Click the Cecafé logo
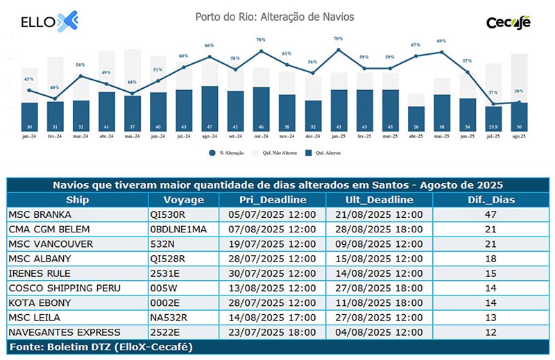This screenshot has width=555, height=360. [x=509, y=22]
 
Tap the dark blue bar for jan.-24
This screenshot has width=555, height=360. [x=29, y=116]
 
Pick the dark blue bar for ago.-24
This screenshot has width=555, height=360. [x=210, y=108]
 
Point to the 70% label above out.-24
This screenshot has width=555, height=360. [x=261, y=40]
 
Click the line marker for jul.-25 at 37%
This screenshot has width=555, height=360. [x=493, y=105]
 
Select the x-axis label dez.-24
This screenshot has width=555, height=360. [x=312, y=137]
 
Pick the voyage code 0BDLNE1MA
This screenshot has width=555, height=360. [x=178, y=228]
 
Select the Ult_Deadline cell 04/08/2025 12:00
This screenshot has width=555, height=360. [x=379, y=331]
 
